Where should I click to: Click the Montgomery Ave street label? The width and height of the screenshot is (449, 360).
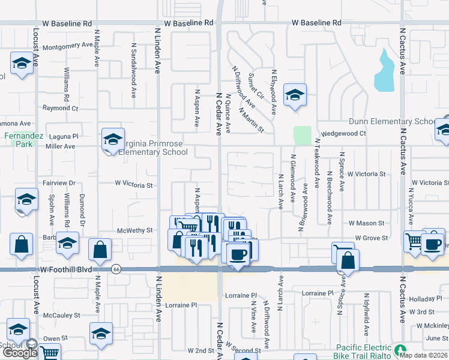68,44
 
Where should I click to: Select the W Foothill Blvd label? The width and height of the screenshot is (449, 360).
68,270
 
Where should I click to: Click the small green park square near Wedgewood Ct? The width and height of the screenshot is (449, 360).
302,135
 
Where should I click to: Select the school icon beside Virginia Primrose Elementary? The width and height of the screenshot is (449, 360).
112,139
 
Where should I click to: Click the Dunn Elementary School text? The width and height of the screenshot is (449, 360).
391,121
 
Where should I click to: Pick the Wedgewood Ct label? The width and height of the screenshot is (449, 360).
343,133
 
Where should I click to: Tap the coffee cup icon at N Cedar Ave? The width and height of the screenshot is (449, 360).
238,254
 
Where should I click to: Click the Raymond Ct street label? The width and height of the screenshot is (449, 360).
60,108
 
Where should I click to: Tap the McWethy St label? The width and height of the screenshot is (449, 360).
135,230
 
